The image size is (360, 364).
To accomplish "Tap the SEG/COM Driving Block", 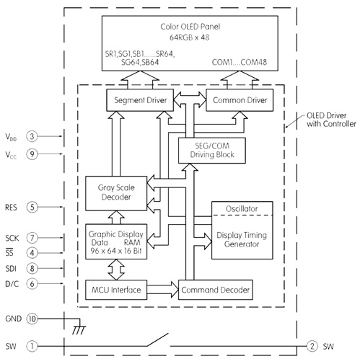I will coord(212,150).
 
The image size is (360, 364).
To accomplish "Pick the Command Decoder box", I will coord(214,290).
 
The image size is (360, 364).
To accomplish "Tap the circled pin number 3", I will coord(32,136).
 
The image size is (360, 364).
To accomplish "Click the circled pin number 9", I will coord(32,154).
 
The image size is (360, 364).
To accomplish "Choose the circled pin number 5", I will coord(32,207).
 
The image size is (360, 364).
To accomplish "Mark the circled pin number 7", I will coord(32,238).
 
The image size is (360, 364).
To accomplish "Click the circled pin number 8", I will coord(32,268).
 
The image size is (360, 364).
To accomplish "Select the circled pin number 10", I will coord(32,318).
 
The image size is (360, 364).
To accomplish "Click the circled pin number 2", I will coord(312,346).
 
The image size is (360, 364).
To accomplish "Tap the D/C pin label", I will coord(12,284).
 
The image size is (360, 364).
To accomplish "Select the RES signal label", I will coord(12,207).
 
